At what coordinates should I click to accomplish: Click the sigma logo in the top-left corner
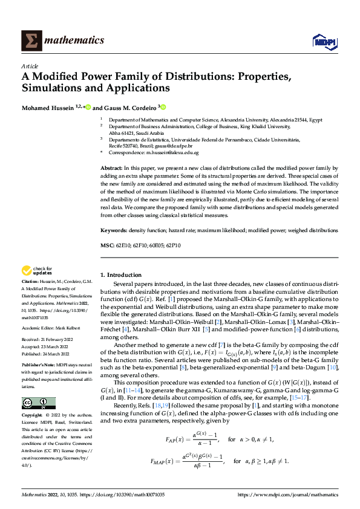point(30,41)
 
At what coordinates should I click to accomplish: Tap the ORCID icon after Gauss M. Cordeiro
point(162,107)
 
